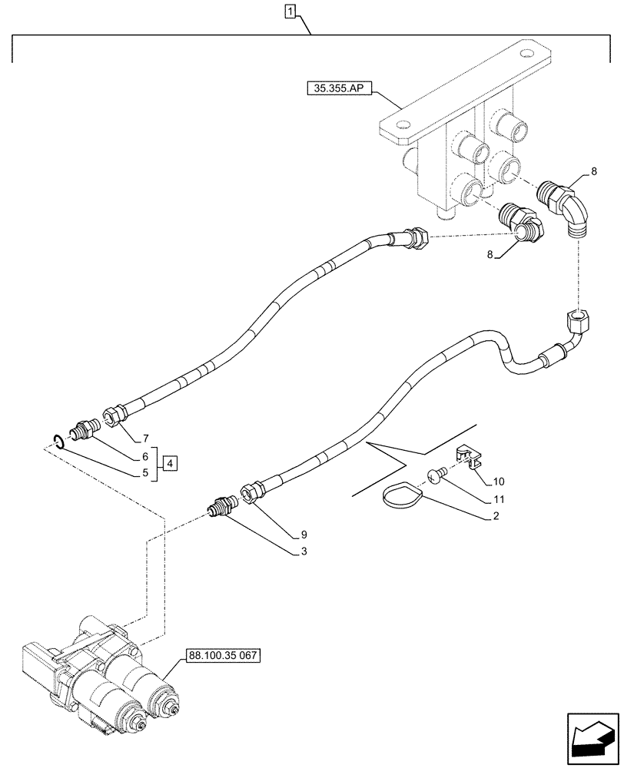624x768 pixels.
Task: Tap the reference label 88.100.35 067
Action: point(223,656)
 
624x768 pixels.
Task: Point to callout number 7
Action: point(144,439)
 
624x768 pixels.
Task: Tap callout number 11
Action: point(490,499)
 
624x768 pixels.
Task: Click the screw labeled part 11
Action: point(438,477)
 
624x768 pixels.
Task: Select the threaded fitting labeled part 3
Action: point(223,507)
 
